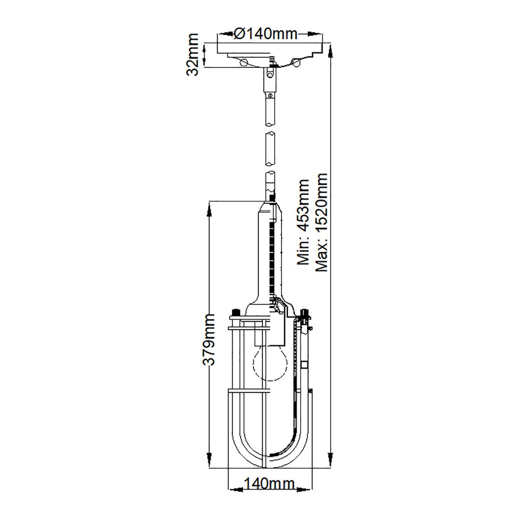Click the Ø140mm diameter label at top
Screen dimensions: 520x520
click(x=265, y=33)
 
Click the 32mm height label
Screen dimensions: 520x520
click(x=192, y=55)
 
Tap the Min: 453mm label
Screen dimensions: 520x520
click(x=302, y=221)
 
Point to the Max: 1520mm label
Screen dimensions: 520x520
click(x=322, y=221)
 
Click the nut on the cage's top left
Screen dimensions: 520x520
click(x=236, y=312)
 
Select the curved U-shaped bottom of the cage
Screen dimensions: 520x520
click(x=270, y=446)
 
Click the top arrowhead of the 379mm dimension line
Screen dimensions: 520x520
click(x=209, y=212)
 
